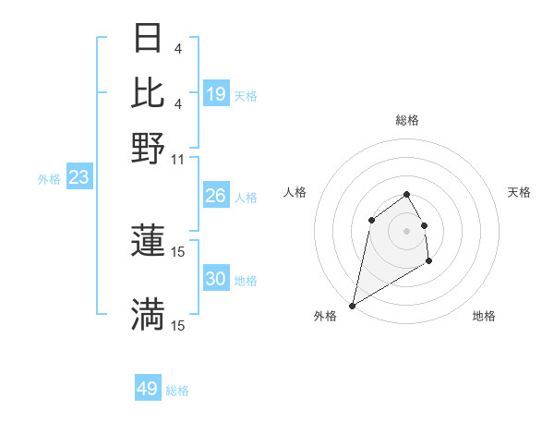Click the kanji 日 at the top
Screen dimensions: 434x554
(149, 39)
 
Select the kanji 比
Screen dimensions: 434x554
(149, 92)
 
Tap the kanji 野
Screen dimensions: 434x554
(149, 148)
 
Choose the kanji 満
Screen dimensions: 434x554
(149, 315)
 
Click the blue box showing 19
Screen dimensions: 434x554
(216, 94)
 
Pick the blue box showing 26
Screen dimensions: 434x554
(216, 196)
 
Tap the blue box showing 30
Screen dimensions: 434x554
(216, 279)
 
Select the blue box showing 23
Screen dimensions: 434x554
(78, 177)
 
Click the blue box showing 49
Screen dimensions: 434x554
(148, 389)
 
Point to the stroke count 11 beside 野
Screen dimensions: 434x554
(178, 159)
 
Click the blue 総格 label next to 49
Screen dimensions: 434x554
(177, 391)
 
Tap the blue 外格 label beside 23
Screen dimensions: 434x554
(48, 179)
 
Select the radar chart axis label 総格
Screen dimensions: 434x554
(406, 120)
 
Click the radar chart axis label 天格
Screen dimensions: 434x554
(519, 192)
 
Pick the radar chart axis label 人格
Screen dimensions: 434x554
(295, 192)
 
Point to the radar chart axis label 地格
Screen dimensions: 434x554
(484, 316)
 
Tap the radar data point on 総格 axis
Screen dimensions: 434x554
(406, 194)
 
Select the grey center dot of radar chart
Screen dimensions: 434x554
(406, 230)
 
